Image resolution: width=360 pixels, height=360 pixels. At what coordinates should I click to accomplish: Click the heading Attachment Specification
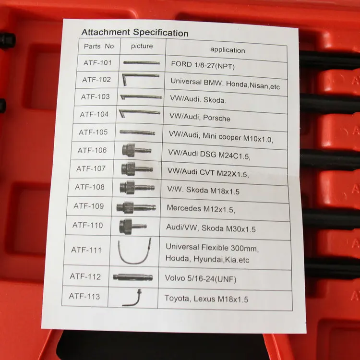tap(134, 33)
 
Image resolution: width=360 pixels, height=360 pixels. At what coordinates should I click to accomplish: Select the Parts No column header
tap(98, 47)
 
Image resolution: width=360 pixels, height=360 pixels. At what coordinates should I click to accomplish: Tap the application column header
tap(227, 49)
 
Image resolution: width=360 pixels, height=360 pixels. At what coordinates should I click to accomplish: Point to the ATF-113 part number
tap(85, 296)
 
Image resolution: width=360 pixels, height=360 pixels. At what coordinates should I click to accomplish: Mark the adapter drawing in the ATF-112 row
tap(132, 277)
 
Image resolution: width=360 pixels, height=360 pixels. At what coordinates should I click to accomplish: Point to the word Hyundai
tap(207, 260)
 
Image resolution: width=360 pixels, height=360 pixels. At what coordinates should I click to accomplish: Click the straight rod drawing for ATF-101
tap(141, 62)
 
